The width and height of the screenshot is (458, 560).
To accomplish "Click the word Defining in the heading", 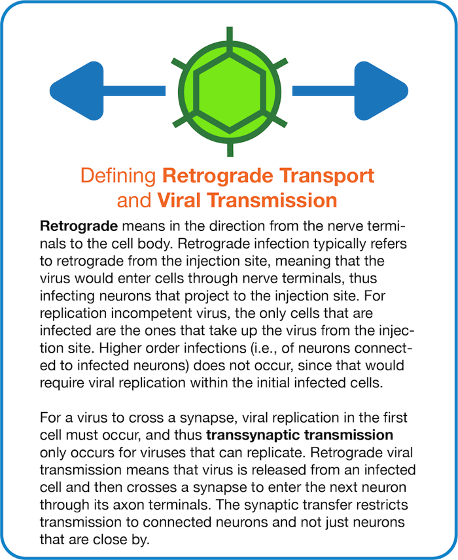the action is point(118,176).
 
